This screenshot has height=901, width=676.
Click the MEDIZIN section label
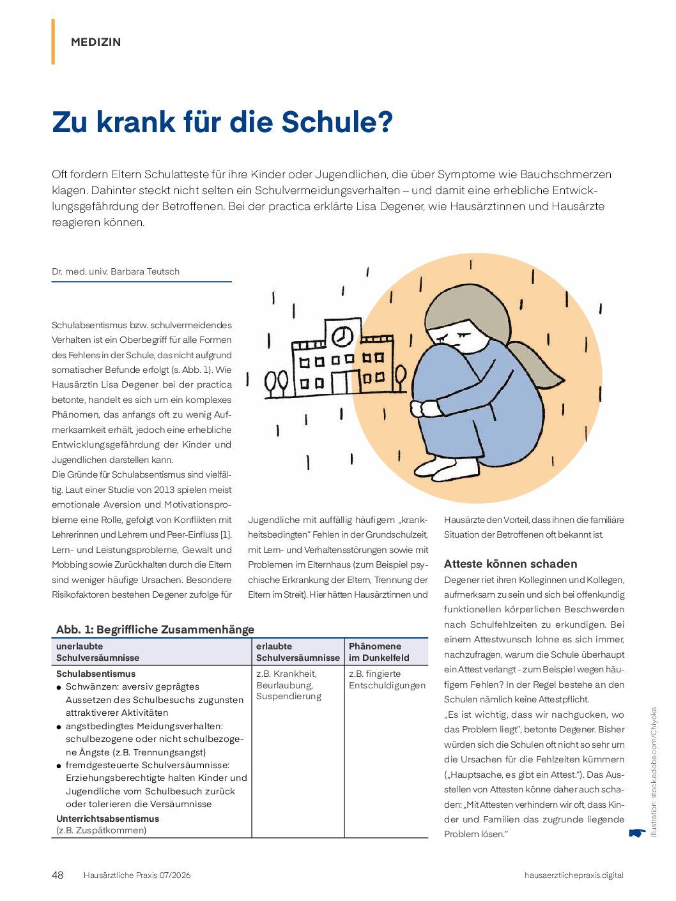(x=96, y=42)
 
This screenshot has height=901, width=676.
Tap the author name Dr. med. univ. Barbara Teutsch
(x=116, y=271)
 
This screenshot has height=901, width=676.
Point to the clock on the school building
(x=342, y=335)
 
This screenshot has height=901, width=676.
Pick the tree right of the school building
(x=401, y=377)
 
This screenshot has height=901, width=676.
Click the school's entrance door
(x=341, y=382)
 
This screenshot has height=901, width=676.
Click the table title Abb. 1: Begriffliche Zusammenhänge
(x=155, y=630)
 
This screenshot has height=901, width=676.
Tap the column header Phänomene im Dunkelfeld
(x=379, y=652)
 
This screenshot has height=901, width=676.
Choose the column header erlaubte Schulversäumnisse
(x=298, y=652)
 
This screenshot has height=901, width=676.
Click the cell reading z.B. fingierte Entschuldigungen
(x=387, y=679)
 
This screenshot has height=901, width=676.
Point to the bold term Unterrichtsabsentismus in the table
(x=107, y=819)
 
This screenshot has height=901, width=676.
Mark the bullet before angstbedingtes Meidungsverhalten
(x=59, y=727)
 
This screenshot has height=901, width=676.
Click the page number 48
(x=58, y=875)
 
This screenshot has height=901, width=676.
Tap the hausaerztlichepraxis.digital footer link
(x=573, y=875)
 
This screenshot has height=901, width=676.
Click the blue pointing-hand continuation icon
(x=636, y=833)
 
